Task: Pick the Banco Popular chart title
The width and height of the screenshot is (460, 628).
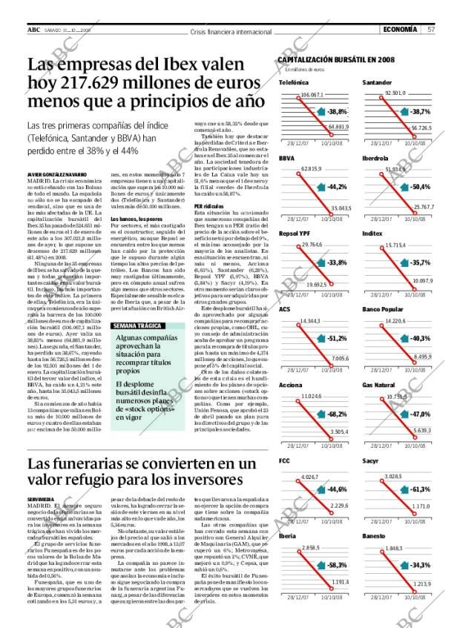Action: (x=382, y=309)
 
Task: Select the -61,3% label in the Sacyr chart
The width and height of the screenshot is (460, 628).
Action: (x=421, y=489)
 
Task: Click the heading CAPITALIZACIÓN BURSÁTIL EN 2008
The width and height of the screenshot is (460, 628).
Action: (x=335, y=59)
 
